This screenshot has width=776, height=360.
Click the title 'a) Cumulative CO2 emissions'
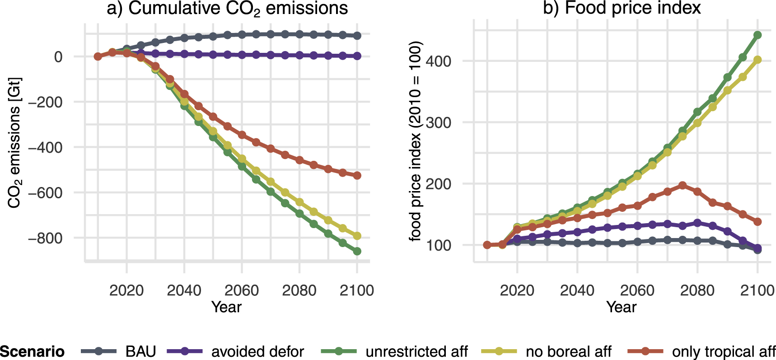tap(227, 8)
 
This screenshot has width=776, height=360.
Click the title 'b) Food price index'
tap(622, 8)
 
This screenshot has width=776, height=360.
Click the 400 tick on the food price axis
tap(439, 61)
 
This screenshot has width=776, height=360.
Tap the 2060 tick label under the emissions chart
tap(242, 290)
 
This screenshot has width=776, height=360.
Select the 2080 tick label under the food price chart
tap(697, 290)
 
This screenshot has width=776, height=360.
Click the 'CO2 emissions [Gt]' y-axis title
tap(14, 143)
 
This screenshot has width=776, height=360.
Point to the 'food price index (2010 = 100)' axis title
tap(415, 141)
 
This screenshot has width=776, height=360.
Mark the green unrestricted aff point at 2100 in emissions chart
tap(357, 251)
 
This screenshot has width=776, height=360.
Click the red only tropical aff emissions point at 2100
tap(357, 175)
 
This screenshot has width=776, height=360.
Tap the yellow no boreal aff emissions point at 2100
tap(357, 236)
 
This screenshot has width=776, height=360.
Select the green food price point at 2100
tap(757, 35)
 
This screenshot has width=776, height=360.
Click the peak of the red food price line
tap(683, 185)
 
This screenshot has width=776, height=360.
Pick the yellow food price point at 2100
tap(757, 60)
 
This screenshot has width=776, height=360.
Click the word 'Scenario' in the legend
tap(32, 351)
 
